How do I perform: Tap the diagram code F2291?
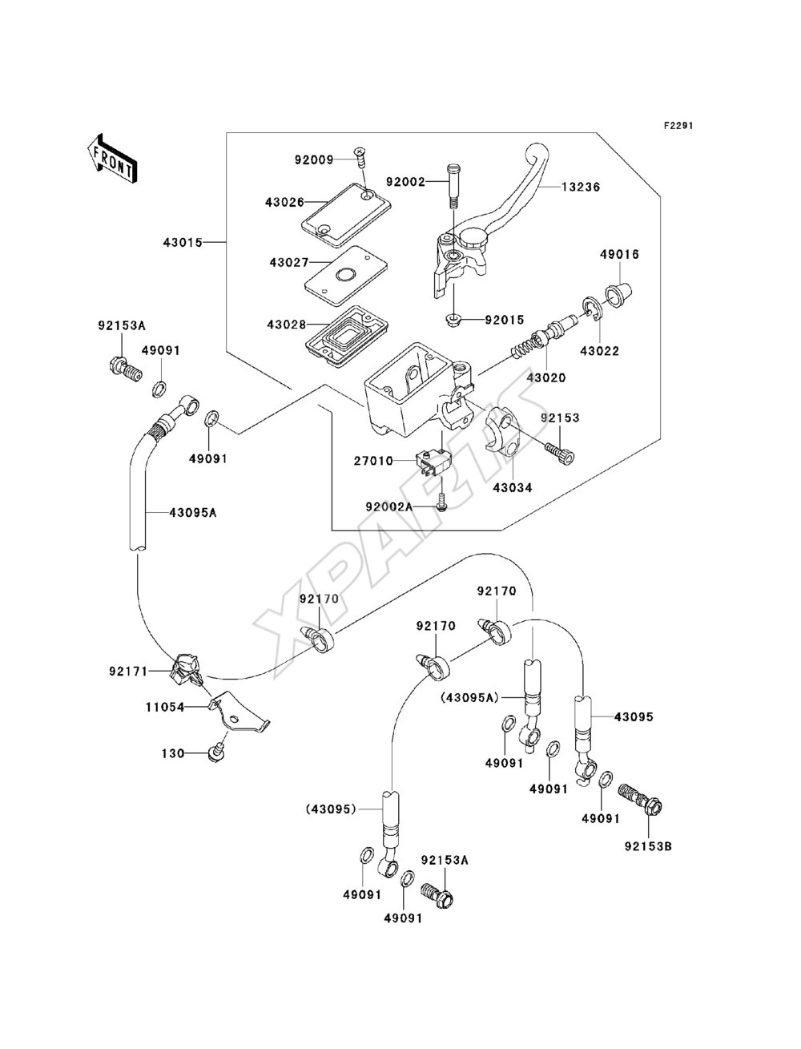pos(678,126)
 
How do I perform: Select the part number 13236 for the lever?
pos(581,187)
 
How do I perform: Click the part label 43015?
pos(183,243)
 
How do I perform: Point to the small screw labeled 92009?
pos(360,158)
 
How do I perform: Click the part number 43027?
pos(289,263)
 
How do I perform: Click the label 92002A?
pos(388,506)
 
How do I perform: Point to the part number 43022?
pos(599,351)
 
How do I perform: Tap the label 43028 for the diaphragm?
pos(287,325)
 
